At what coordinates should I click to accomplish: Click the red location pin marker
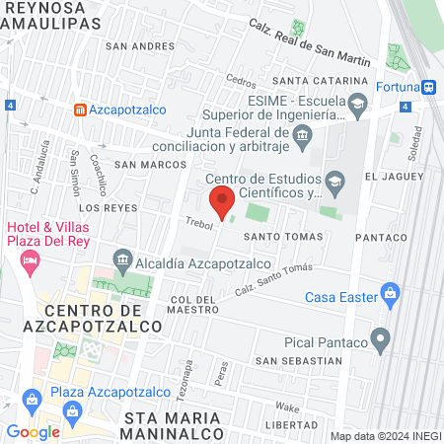223,200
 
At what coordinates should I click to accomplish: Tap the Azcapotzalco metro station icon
80,110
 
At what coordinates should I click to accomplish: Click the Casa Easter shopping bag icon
391,294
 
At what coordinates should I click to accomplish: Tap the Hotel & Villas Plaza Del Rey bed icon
30,260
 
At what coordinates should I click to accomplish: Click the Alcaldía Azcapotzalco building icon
122,261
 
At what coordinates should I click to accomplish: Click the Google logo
33,431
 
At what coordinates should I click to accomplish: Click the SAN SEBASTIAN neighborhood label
298,360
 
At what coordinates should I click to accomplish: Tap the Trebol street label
198,224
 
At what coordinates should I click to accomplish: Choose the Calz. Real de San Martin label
309,44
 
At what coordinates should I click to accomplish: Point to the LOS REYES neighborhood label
102,208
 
